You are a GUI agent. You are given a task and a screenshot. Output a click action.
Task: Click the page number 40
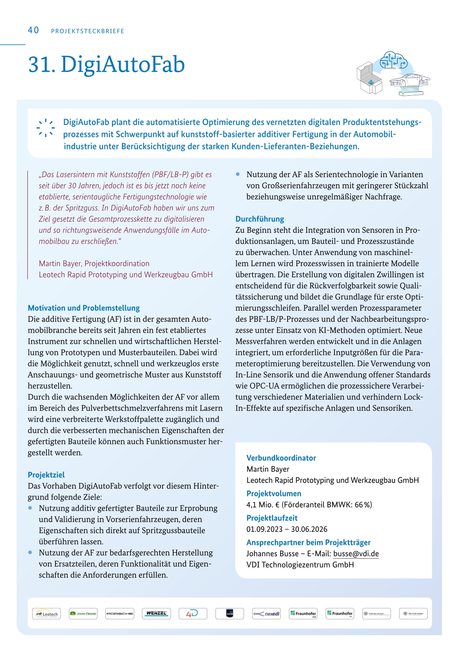33,30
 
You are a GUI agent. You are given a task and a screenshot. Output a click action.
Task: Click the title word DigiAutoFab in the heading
123,64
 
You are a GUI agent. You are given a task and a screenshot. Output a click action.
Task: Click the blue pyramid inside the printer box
371,82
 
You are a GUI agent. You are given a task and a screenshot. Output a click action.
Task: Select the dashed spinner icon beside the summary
46,128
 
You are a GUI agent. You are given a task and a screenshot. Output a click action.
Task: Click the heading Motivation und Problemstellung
84,308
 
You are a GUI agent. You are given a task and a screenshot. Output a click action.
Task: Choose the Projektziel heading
46,475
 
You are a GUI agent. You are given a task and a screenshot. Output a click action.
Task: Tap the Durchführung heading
259,219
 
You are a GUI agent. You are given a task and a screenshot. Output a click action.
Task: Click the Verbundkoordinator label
281,458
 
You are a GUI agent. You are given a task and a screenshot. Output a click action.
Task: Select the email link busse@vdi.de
356,554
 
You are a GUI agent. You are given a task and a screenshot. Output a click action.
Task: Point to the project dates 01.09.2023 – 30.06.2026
287,529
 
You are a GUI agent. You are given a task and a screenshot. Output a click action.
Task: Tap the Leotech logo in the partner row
47,614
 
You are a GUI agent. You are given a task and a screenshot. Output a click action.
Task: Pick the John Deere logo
83,614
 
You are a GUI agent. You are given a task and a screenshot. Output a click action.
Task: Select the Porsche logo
120,614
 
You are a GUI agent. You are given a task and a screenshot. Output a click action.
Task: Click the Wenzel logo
156,614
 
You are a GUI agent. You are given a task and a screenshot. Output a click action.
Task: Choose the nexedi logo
266,614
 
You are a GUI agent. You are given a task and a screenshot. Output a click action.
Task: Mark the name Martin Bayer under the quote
60,264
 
